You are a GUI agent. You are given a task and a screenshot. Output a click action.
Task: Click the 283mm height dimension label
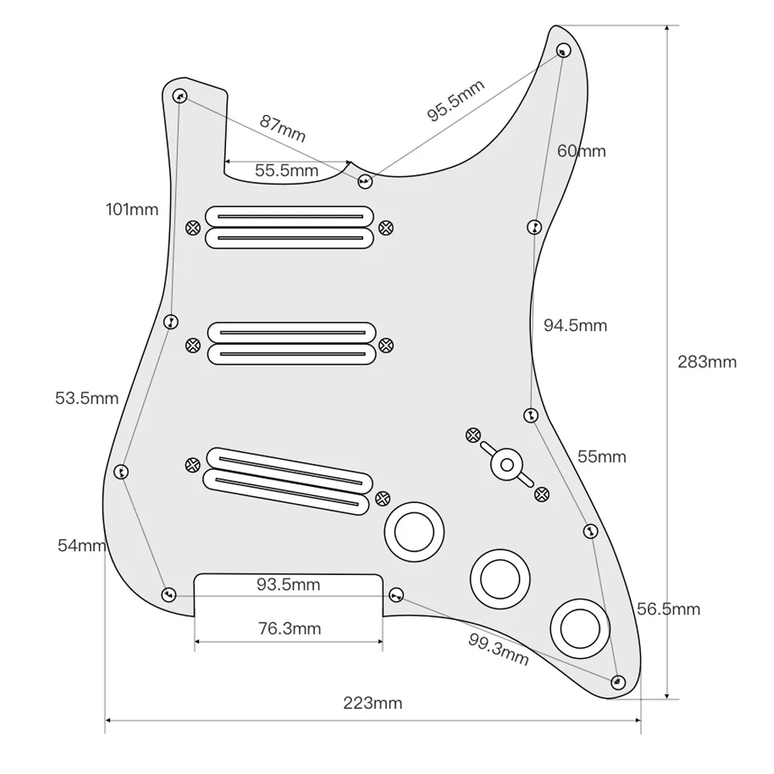(x=707, y=361)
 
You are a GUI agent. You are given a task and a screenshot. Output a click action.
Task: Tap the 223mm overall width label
(x=373, y=704)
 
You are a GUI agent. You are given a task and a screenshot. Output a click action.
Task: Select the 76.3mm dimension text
(x=288, y=628)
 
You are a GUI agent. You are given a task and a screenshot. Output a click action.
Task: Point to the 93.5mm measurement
(x=288, y=584)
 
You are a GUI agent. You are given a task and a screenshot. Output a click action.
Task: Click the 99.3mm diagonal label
(x=498, y=649)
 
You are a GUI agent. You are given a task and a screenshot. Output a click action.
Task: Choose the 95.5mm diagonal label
(x=456, y=101)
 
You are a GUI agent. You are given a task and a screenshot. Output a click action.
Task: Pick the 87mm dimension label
(x=283, y=128)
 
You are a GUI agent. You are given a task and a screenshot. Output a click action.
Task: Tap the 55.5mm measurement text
(x=286, y=170)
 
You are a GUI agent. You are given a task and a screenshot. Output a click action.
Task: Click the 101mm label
(x=132, y=209)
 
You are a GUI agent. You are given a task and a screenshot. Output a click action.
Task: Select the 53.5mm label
(x=87, y=399)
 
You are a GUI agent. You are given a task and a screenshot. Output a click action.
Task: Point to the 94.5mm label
(x=575, y=325)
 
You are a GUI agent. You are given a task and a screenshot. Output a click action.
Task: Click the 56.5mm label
(x=669, y=609)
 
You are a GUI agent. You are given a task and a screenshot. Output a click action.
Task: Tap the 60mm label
(x=582, y=151)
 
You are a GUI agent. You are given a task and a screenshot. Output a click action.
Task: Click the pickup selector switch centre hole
(x=507, y=465)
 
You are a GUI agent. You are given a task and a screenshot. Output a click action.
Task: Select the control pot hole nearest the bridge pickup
(x=416, y=532)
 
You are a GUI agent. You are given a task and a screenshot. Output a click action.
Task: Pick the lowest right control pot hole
(x=581, y=626)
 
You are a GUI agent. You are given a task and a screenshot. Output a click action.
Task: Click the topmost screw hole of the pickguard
(x=563, y=50)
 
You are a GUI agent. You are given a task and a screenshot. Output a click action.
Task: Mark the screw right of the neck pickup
(x=385, y=228)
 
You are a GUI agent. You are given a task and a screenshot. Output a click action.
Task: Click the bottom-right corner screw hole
(x=617, y=682)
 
